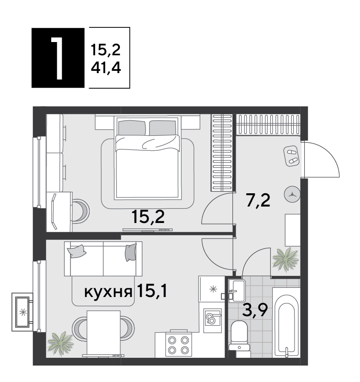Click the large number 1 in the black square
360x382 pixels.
pyautogui.click(x=57, y=58)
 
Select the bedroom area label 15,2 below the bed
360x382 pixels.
pyautogui.click(x=148, y=217)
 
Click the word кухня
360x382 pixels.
pyautogui.click(x=108, y=292)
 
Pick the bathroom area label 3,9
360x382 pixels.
pyautogui.click(x=255, y=310)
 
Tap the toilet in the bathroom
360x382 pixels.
pyautogui.click(x=239, y=336)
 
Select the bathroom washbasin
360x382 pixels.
pyautogui.click(x=237, y=291)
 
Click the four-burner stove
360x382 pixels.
pyautogui.click(x=178, y=344)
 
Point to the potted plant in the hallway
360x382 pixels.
pyautogui.click(x=285, y=259)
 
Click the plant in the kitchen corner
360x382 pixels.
pyautogui.click(x=60, y=344)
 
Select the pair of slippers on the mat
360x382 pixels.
pyautogui.click(x=292, y=156)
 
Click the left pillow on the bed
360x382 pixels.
pyautogui.click(x=132, y=127)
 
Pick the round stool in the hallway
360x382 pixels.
pyautogui.click(x=292, y=194)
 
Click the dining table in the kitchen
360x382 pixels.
pyautogui.click(x=104, y=333)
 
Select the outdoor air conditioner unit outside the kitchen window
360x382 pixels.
pyautogui.click(x=22, y=312)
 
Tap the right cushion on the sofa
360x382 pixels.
pyautogui.click(x=131, y=252)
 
